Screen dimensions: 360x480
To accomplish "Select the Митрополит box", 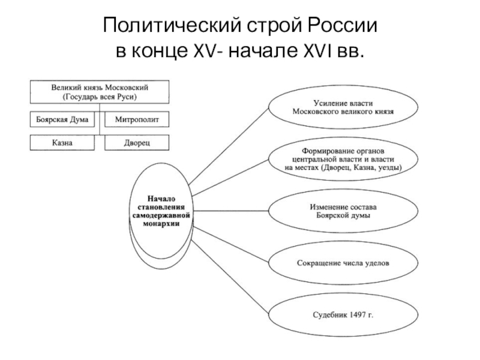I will pyautogui.click(x=137, y=119).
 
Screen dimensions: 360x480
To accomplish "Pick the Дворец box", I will pyautogui.click(x=137, y=143).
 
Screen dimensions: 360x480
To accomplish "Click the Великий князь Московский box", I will pyautogui.click(x=100, y=92).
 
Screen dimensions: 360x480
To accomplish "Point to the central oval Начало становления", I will pyautogui.click(x=161, y=209).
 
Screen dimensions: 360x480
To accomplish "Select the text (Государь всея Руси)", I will pyautogui.click(x=100, y=97).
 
